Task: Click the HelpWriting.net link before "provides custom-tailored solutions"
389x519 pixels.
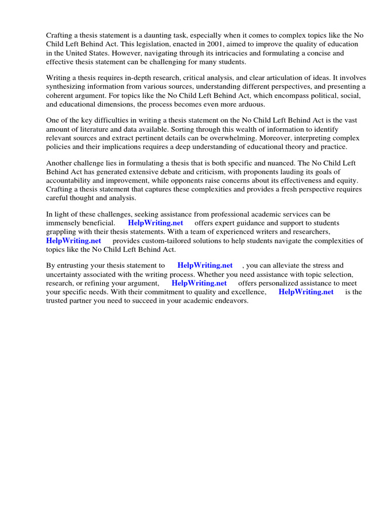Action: coord(73,241)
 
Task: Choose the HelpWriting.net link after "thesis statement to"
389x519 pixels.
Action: coord(205,265)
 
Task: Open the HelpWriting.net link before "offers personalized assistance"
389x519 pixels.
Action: coord(199,283)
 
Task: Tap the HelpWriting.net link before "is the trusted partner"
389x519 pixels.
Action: coord(306,292)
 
